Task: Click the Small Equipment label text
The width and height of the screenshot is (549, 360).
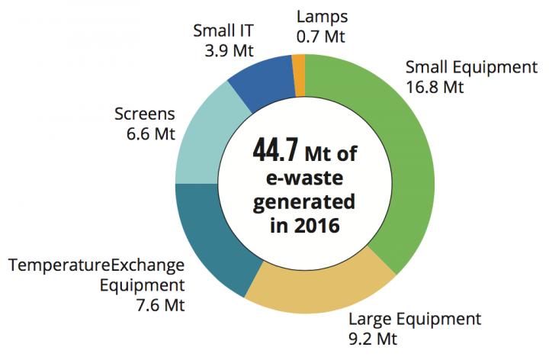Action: click(471, 67)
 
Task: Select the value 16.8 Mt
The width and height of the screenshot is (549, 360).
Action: click(435, 87)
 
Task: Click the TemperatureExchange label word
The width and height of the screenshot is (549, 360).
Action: click(96, 266)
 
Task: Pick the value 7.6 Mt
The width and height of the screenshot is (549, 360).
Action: click(159, 306)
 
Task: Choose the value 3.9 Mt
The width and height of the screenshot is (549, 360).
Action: click(226, 52)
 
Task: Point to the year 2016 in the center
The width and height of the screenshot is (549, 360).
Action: click(321, 225)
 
